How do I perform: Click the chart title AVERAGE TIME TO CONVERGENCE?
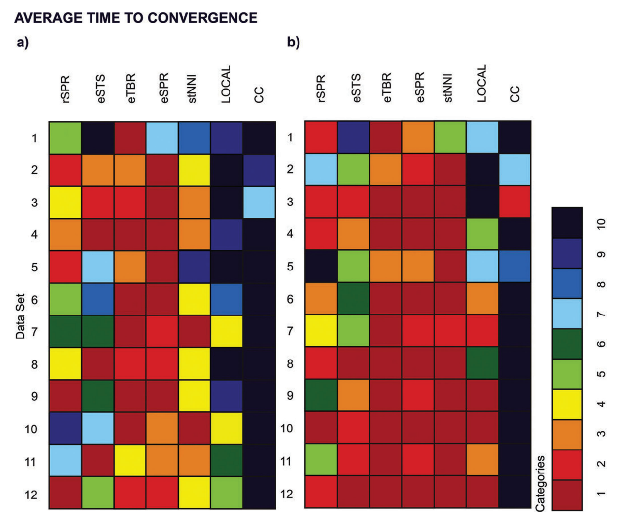[x=136, y=18]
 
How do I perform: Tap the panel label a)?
[x=23, y=43]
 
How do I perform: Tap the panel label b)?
[x=293, y=43]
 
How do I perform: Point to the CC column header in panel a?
[x=259, y=94]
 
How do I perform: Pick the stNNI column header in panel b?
[x=448, y=89]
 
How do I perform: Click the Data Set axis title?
[x=20, y=316]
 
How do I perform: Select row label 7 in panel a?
[x=34, y=332]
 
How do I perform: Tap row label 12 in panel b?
[x=286, y=494]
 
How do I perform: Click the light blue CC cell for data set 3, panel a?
[x=259, y=202]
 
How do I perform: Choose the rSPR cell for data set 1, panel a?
[x=65, y=138]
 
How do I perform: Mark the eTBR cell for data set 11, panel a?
[x=130, y=461]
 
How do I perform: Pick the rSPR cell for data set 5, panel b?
[x=321, y=267]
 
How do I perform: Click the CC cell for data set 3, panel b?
[x=515, y=202]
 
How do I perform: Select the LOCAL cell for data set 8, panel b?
[x=483, y=363]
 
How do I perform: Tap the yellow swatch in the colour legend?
[x=567, y=404]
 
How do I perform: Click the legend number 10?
[x=601, y=224]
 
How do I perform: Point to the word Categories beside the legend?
[x=540, y=483]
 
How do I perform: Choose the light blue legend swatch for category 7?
[x=567, y=314]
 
